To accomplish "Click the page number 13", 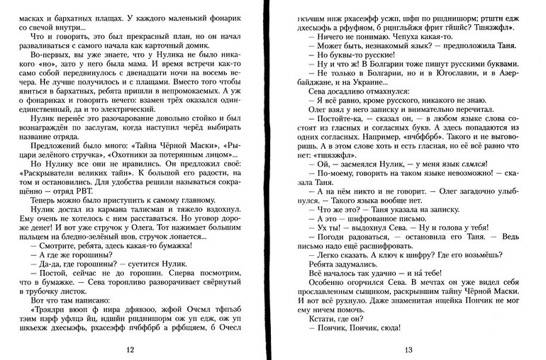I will coord(408,350).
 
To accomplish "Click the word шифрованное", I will coord(369,220).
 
